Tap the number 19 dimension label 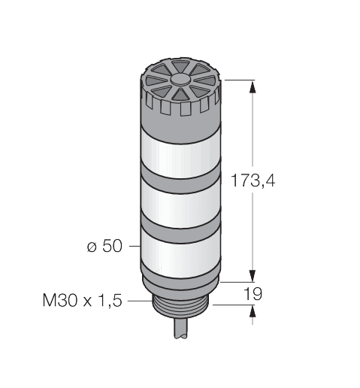pos(254,293)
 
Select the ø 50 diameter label pos(105,247)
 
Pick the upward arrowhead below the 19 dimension pos(251,311)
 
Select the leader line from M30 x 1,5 pos(139,301)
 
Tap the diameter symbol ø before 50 pos(92,247)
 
